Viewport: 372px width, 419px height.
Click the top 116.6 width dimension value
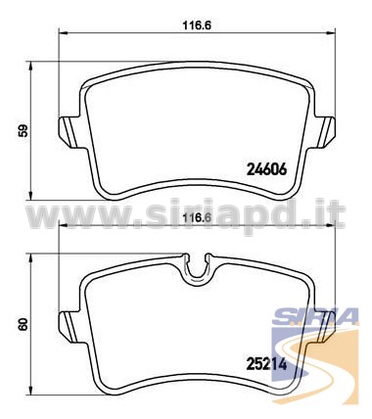(197, 25)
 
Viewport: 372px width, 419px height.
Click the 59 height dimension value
(23, 130)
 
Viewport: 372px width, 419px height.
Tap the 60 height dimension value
(23, 325)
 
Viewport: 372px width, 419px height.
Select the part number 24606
(266, 169)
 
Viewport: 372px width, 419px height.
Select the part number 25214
(266, 364)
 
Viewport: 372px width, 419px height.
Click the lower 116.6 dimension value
(197, 216)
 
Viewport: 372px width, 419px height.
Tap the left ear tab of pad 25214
(70, 326)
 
